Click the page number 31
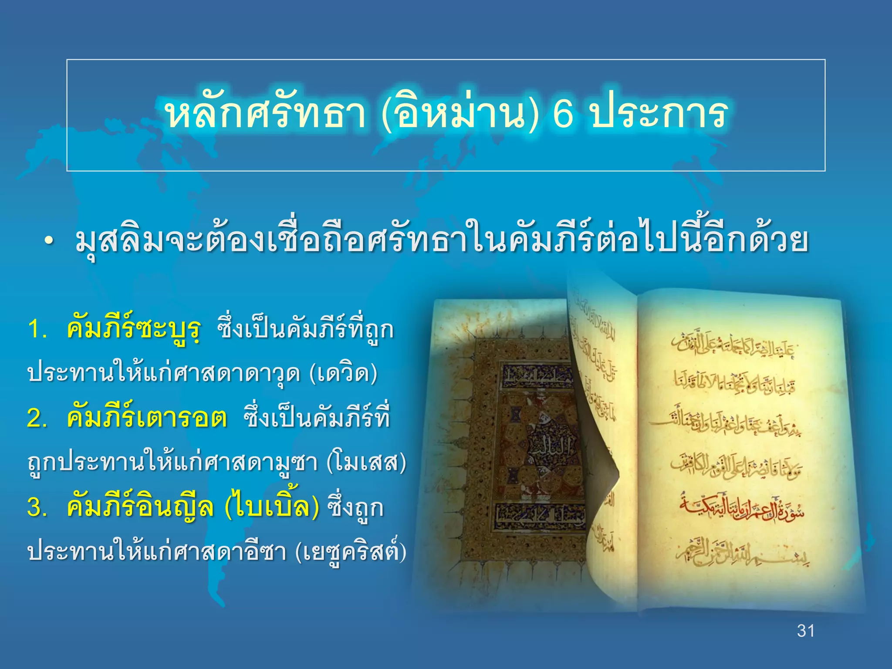tap(806, 631)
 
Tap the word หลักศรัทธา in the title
tap(265, 114)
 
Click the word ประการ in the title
tap(659, 114)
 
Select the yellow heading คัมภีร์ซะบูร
tap(134, 329)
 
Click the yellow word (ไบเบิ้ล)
tap(272, 507)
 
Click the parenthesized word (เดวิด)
tap(343, 374)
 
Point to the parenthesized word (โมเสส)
tap(366, 463)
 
